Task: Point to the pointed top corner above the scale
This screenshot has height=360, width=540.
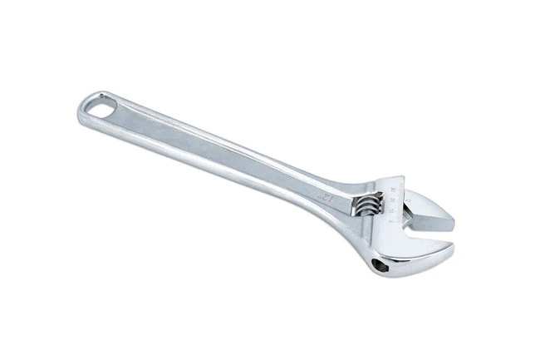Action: tap(397, 177)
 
